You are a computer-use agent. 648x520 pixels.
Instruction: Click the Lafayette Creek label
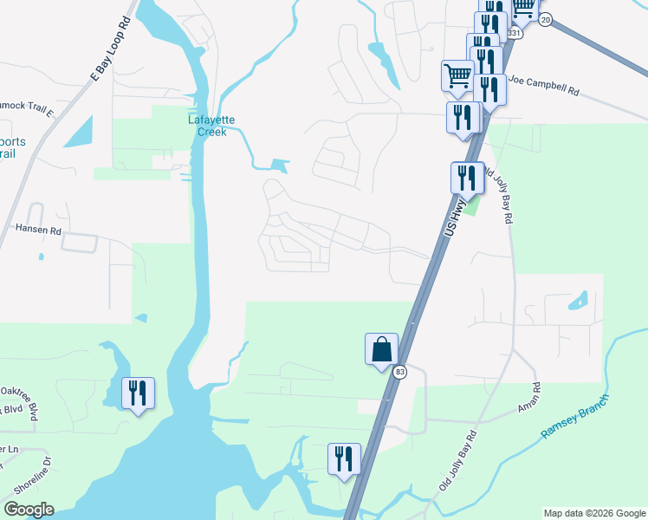coord(212,126)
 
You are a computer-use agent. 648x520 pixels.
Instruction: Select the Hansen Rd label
coord(38,231)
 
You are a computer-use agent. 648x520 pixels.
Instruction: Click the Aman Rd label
coord(535,398)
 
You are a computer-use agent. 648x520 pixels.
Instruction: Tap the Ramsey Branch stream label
coord(574,415)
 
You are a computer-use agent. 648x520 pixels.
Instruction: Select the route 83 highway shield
coord(399,372)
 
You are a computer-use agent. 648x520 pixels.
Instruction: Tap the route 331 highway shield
coord(515,33)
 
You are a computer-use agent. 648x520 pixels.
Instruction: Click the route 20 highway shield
coord(544,19)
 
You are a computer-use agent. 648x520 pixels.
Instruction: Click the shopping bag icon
coord(381,350)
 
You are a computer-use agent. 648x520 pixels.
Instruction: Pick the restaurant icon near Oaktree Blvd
coord(138,393)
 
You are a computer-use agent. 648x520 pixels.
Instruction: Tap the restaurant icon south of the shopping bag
coord(344,459)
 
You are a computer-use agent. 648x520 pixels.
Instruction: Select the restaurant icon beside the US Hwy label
coord(467,178)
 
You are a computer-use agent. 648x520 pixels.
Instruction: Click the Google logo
coord(29,510)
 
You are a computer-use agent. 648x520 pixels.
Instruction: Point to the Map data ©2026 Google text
coord(593,513)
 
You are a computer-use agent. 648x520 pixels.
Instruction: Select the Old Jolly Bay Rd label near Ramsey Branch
coord(458,459)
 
